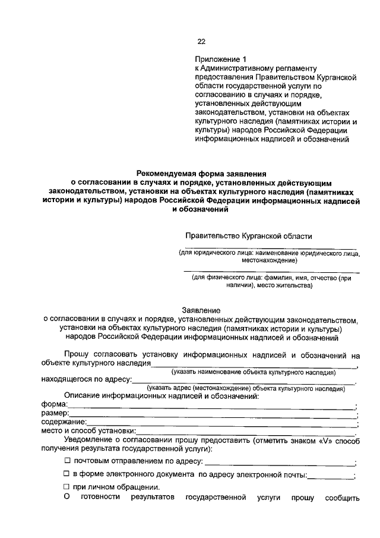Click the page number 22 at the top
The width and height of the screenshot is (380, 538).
[201, 41]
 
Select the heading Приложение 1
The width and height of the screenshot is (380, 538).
[220, 59]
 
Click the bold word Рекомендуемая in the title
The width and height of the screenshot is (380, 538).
[167, 173]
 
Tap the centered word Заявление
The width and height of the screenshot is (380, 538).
[201, 310]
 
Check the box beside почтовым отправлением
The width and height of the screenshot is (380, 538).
[67, 461]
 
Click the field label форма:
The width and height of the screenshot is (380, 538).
[54, 404]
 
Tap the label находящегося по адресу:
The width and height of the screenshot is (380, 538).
[86, 379]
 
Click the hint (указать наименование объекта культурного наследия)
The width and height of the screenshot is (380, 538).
[254, 372]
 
